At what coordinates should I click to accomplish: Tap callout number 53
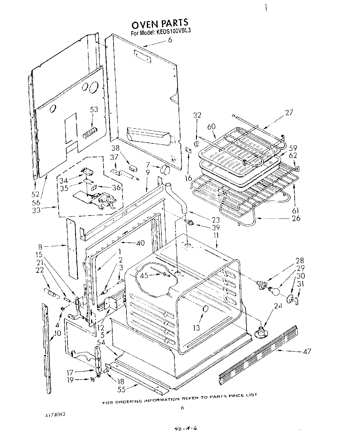click(94, 109)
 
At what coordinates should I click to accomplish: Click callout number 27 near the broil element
click(289, 112)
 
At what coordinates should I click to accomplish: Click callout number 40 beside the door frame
click(140, 243)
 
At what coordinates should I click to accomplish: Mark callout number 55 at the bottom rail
click(121, 390)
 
